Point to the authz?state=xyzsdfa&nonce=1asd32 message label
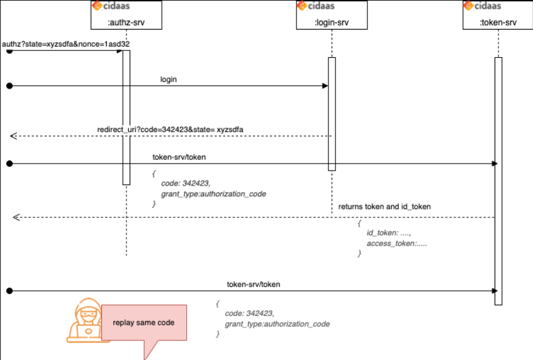click(66, 45)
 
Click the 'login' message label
click(169, 80)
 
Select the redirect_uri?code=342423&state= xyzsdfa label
click(170, 130)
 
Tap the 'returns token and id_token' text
click(384, 206)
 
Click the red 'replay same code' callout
click(144, 323)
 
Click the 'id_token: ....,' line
click(389, 233)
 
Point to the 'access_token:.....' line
click(396, 244)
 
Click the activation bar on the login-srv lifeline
click(332, 114)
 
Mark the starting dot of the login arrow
click(9, 86)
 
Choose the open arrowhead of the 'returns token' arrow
click(16, 217)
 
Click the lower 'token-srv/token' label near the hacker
click(254, 284)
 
